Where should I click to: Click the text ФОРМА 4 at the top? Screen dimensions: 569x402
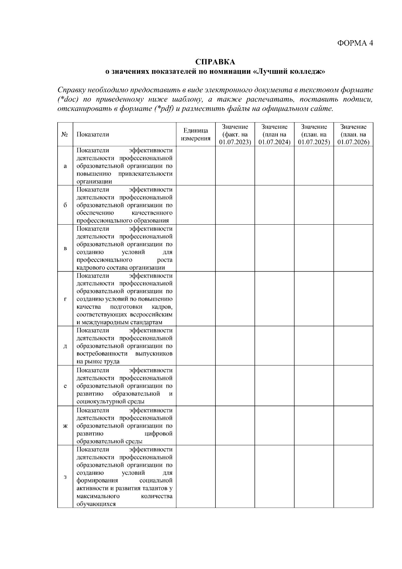[355, 43]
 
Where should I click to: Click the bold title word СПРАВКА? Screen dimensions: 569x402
[215, 62]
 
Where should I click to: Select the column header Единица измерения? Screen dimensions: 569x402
[196, 134]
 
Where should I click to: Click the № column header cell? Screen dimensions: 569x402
[65, 134]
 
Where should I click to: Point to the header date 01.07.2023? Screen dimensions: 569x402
[235, 142]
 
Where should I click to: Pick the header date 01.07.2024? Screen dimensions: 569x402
[274, 142]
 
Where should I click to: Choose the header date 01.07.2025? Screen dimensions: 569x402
[314, 142]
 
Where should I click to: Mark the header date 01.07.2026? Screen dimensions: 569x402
[353, 142]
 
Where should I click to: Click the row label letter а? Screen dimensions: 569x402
[65, 166]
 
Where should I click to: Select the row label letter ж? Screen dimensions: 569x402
[65, 426]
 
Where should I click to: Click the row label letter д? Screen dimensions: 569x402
[65, 346]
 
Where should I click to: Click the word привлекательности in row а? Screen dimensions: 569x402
[145, 174]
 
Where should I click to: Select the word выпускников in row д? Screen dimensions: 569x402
[154, 354]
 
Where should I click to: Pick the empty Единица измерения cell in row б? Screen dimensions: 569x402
[196, 205]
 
